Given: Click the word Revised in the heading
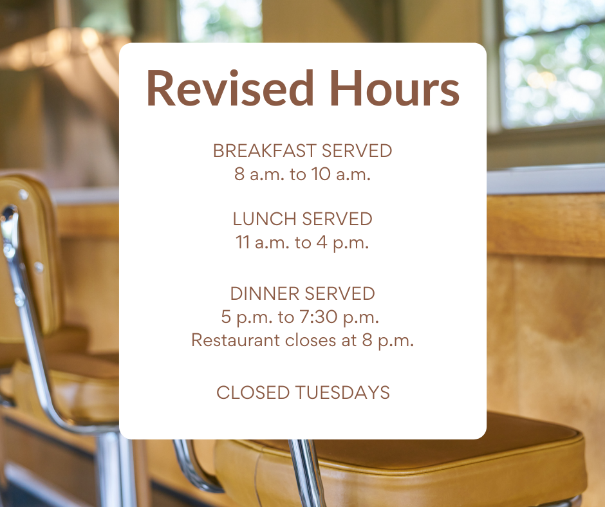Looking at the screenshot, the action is coord(230,88).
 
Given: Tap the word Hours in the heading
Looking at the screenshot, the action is coord(394,88).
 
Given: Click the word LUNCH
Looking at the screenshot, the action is coord(265,219).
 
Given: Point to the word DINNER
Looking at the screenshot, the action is coord(265,293).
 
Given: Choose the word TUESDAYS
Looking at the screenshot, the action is coord(342,392).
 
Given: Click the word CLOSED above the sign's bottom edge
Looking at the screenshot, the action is coord(253,392).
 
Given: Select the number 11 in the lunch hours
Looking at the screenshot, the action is coord(243,243).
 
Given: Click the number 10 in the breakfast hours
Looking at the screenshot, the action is coord(321,174).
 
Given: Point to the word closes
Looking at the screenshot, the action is coord(311,340).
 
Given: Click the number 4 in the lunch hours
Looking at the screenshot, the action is coord(322,243).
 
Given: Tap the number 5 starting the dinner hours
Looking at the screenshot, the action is coord(226,317).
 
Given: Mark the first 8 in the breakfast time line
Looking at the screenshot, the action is coord(239,174).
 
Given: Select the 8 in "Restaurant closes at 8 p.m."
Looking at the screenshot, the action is coord(367,340).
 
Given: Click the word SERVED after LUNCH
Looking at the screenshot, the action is coord(337,219).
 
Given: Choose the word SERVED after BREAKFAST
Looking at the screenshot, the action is coord(357,151).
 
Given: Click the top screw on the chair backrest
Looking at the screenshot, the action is coord(23,194).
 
